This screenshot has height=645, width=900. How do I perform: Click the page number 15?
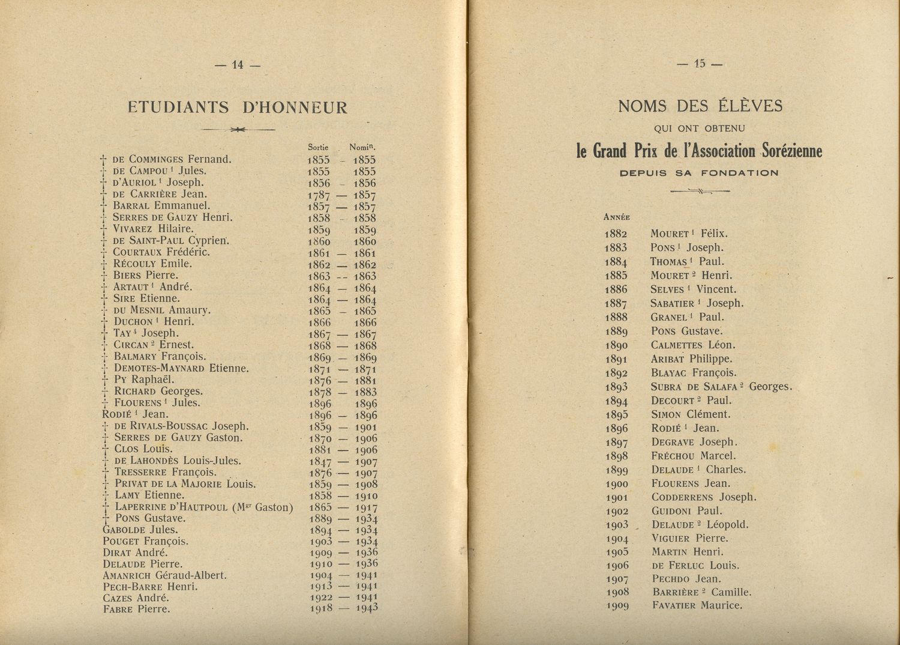tap(700, 64)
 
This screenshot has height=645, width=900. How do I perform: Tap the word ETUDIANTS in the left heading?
tap(179, 107)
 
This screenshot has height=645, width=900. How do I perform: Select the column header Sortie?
tap(319, 147)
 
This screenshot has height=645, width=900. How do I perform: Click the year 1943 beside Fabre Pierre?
tap(365, 608)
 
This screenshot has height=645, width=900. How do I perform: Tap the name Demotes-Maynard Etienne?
tap(181, 368)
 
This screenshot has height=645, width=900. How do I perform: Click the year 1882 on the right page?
tap(616, 234)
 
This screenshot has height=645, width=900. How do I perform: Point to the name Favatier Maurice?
tap(697, 605)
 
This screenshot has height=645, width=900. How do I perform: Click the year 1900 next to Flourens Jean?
tap(616, 484)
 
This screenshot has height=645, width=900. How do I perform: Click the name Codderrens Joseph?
tap(703, 497)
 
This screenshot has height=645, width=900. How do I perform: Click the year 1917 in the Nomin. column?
tap(365, 507)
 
